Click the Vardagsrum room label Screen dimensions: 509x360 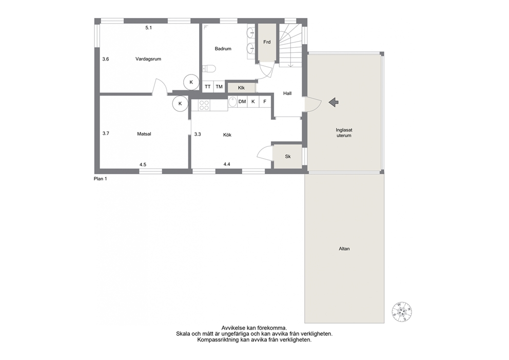tap(148, 59)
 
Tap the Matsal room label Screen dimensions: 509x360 tap(144, 134)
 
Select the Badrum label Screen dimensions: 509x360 tap(223, 49)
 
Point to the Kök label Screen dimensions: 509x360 tap(227, 135)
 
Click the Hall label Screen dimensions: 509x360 tap(287, 93)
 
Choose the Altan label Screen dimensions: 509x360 tap(344, 249)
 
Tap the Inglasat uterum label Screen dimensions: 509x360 tap(344, 133)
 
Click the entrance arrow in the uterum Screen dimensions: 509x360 tap(334, 102)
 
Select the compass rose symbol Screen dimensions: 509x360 tap(402, 312)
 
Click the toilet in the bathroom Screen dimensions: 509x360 tap(209, 68)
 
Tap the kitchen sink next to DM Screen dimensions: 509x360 tap(232, 102)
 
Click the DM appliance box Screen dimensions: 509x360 tap(242, 102)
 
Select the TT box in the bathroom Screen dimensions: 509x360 tap(208, 87)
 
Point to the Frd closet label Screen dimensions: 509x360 tap(267, 42)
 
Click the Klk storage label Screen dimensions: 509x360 tap(241, 88)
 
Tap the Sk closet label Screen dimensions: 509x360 tap(288, 157)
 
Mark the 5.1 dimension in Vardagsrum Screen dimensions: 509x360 tap(149, 28)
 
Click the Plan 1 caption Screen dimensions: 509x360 tap(100, 179)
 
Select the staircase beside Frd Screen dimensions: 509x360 tap(290, 45)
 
